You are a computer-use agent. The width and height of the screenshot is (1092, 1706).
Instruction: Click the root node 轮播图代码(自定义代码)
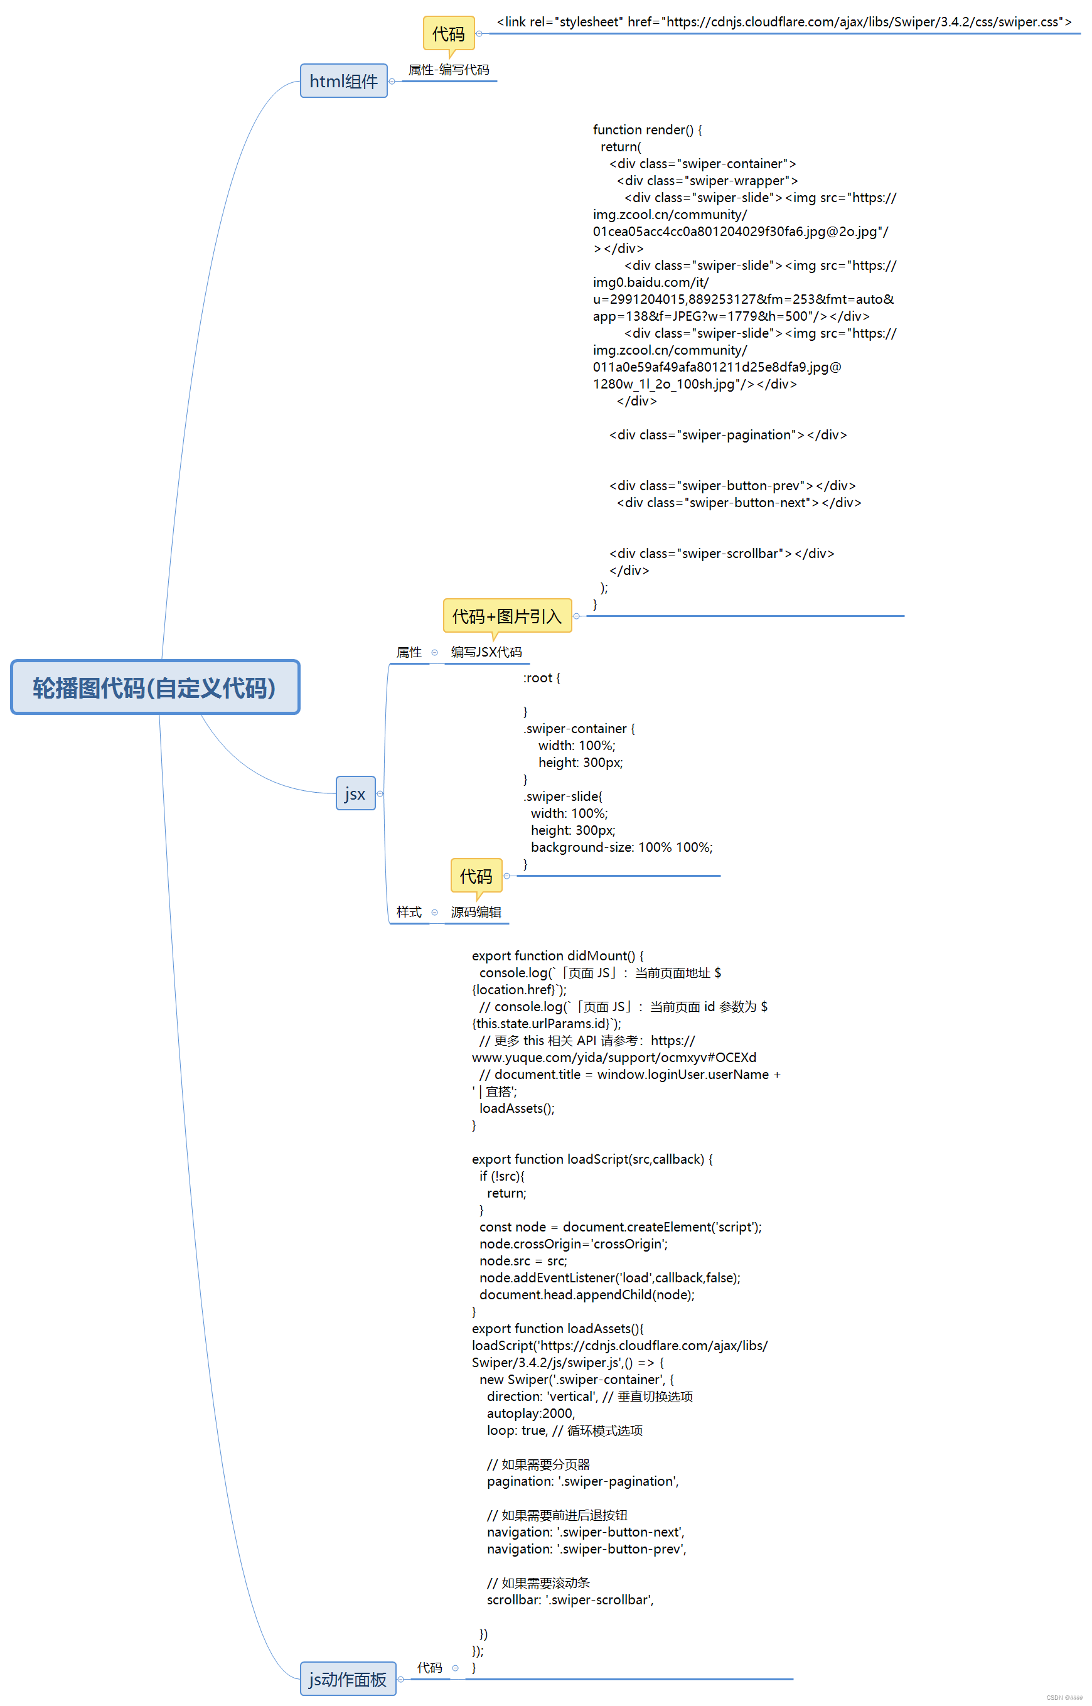(154, 687)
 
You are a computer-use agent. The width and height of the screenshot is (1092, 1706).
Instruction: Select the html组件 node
(343, 81)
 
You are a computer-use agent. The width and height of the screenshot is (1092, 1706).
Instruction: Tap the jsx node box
(355, 793)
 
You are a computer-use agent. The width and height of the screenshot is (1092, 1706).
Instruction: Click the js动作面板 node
(348, 1678)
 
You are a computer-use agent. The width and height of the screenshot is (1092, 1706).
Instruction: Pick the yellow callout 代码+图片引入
(507, 616)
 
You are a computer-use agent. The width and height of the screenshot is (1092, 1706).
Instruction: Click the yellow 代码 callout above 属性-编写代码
(448, 33)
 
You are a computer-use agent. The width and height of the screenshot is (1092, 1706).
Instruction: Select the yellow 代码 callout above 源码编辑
(476, 876)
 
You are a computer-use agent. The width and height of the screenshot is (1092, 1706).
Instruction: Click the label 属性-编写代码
(448, 70)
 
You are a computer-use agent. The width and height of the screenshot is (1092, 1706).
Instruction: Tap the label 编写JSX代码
(486, 652)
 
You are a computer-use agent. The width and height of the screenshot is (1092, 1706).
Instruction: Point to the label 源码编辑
(476, 912)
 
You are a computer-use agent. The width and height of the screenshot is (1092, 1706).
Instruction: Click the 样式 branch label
(409, 912)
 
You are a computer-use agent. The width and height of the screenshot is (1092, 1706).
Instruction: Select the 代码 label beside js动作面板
(430, 1667)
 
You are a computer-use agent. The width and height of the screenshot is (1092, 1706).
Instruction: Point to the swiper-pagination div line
(727, 434)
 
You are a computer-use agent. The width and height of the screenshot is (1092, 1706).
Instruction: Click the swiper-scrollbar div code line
(721, 553)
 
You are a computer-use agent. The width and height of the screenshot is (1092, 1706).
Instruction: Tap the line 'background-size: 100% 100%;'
(621, 847)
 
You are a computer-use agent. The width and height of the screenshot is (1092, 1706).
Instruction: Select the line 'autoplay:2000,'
(530, 1413)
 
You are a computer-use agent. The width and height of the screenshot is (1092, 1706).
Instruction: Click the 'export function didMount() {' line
(557, 956)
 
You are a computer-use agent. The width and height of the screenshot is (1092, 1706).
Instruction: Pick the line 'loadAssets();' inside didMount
(517, 1108)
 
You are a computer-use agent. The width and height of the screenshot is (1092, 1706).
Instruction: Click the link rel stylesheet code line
(784, 22)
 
